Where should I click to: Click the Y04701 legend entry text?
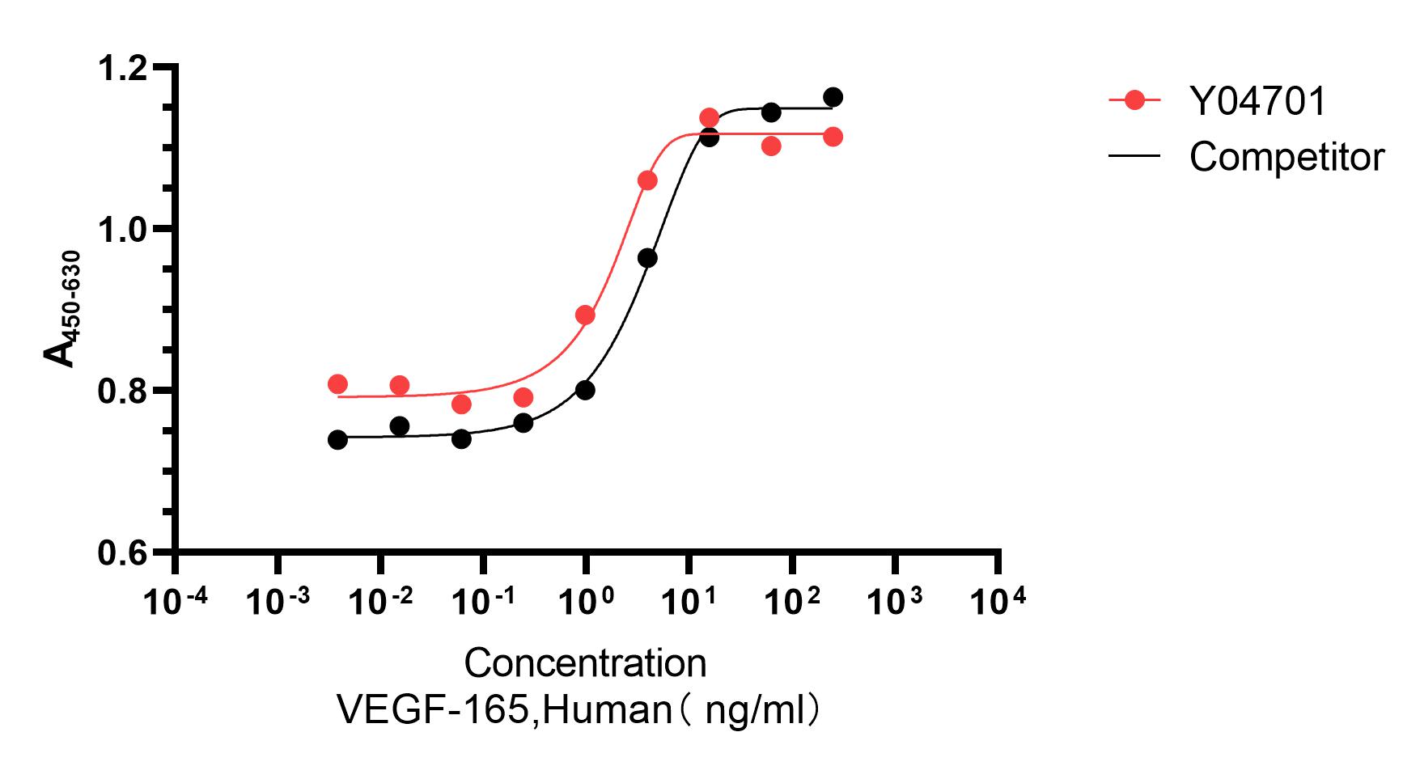point(1257,102)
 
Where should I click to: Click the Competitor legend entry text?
point(1286,156)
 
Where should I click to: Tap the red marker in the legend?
point(1135,101)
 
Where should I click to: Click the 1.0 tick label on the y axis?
point(122,229)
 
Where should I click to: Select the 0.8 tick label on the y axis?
point(122,391)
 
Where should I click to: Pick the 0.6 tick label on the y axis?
point(122,554)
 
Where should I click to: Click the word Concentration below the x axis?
point(585,663)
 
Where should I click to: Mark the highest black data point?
point(833,98)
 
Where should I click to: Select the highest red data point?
point(710,118)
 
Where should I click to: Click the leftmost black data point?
point(337,440)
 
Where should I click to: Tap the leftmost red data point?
point(337,384)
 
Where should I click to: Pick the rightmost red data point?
point(833,138)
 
